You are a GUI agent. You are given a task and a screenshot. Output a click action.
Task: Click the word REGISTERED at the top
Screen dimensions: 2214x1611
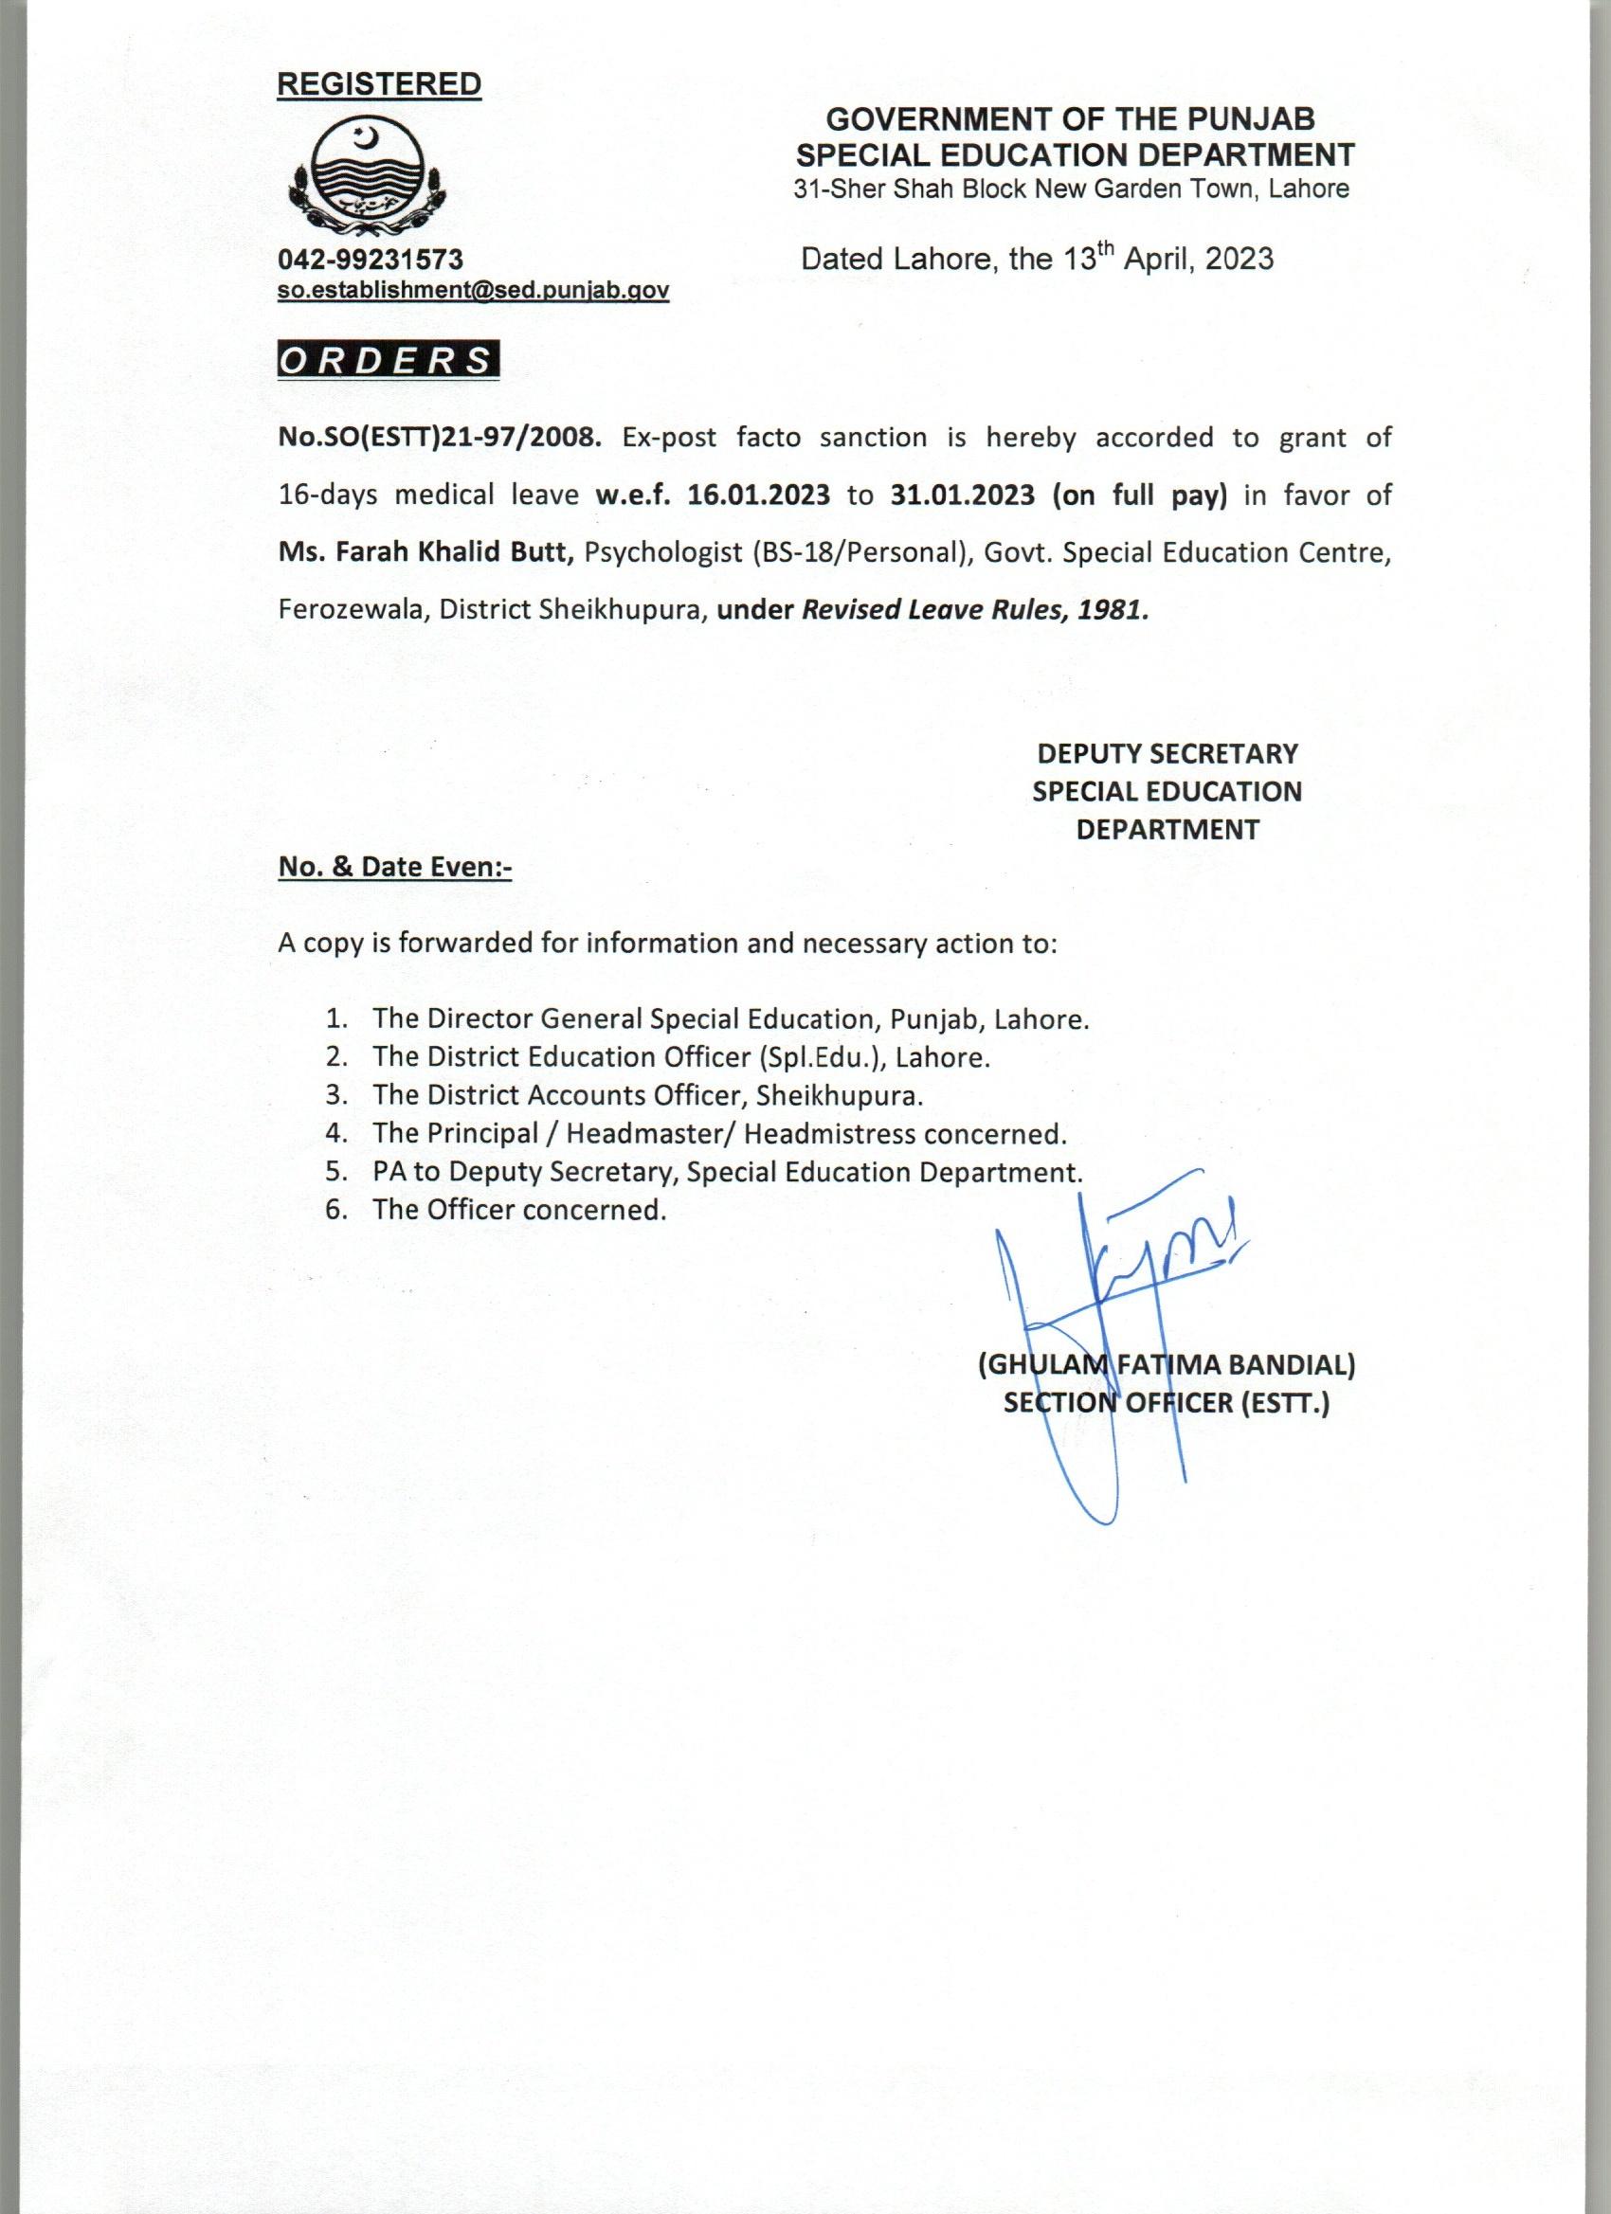click(x=379, y=85)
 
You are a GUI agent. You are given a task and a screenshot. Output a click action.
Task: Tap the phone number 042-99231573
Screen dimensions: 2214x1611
click(x=371, y=259)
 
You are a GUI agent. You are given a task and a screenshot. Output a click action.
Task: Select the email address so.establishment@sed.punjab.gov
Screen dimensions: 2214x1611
click(x=474, y=290)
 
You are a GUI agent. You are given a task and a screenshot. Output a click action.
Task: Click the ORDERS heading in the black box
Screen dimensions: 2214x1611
click(x=388, y=360)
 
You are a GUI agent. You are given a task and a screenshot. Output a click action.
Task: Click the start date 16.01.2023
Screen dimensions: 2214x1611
click(x=759, y=495)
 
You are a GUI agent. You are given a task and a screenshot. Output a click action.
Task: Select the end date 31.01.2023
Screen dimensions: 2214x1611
click(x=962, y=495)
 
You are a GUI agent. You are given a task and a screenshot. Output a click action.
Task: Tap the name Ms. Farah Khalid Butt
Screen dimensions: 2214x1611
click(x=425, y=552)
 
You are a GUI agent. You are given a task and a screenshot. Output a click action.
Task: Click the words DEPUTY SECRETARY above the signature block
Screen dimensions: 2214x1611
click(x=1167, y=753)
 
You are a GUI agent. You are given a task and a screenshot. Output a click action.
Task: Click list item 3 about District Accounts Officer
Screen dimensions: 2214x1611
click(x=646, y=1095)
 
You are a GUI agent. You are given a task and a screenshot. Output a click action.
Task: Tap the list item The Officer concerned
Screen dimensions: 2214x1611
click(x=518, y=1211)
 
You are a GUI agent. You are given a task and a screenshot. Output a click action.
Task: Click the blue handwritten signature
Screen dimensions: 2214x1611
click(x=1113, y=1298)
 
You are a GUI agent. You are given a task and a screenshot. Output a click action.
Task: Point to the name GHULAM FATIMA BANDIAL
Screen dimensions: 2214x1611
click(x=1167, y=1366)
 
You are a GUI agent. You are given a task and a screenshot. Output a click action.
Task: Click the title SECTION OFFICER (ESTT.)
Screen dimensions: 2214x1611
click(x=1167, y=1404)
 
